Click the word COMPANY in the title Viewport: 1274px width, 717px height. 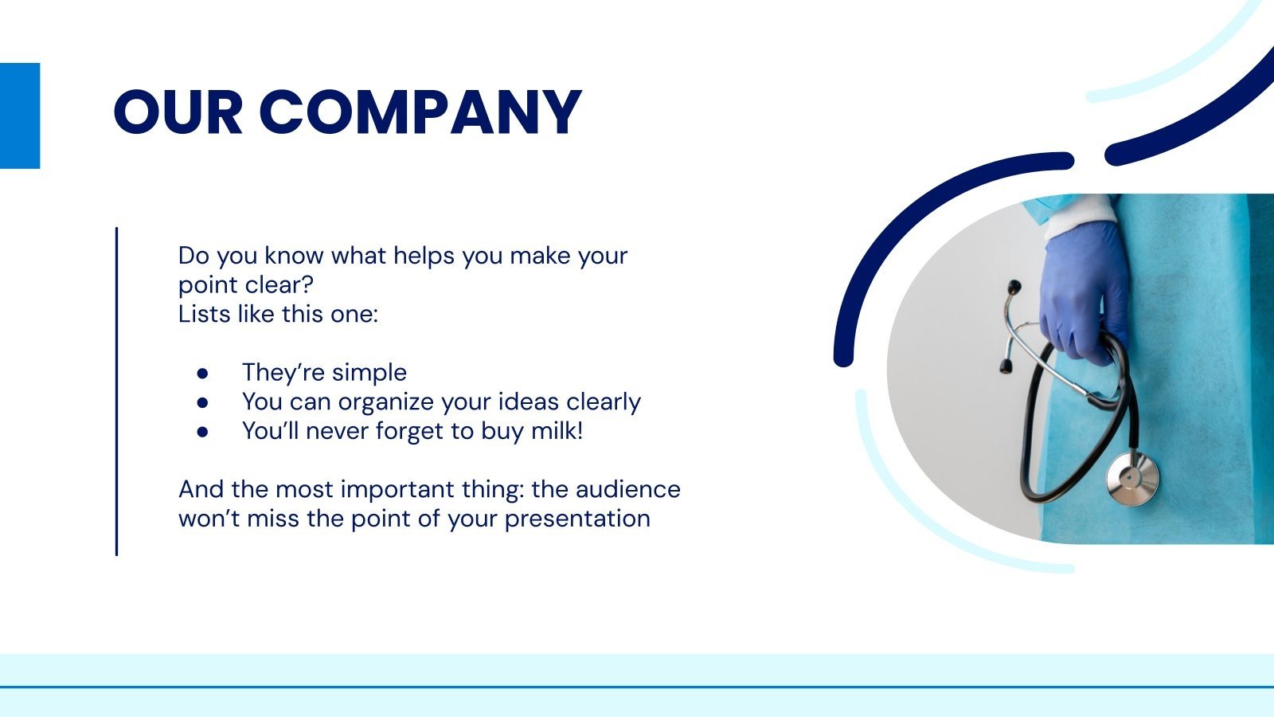click(420, 112)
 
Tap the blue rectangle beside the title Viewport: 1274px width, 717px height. click(19, 116)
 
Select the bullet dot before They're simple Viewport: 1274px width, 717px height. click(202, 373)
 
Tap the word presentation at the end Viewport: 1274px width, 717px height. click(577, 519)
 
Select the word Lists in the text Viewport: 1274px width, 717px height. click(199, 314)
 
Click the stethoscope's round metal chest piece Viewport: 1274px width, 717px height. click(1131, 478)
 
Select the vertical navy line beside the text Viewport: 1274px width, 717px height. click(116, 390)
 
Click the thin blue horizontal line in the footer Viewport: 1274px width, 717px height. click(637, 687)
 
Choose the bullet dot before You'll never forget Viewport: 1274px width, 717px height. click(202, 431)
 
